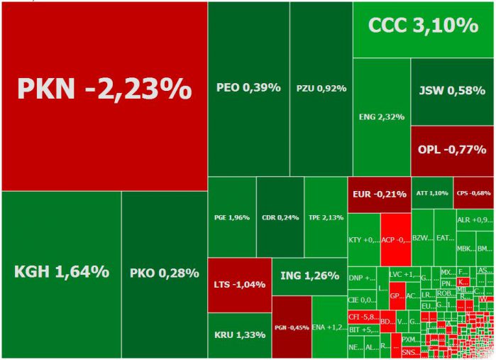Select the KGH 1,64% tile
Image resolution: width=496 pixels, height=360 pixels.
click(61, 273)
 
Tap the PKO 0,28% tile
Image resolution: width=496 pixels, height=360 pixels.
click(164, 273)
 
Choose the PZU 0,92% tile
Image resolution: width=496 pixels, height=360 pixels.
click(321, 88)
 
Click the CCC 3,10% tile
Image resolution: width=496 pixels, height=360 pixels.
click(423, 28)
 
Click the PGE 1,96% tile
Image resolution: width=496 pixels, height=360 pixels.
click(231, 217)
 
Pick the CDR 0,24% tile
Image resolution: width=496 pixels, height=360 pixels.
click(280, 217)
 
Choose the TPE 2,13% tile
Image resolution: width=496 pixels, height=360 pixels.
click(325, 217)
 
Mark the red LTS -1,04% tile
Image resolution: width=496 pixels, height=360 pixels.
click(239, 285)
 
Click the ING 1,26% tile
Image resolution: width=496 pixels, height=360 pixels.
click(309, 276)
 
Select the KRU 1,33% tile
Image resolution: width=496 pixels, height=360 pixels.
click(239, 334)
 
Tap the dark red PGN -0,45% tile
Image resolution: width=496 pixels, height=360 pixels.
click(291, 327)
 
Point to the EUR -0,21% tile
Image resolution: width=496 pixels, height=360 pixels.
click(379, 193)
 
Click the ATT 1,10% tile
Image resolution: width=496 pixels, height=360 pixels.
click(431, 192)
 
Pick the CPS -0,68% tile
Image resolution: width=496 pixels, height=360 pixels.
click(473, 192)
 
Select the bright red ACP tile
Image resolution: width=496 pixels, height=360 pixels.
click(396, 239)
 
